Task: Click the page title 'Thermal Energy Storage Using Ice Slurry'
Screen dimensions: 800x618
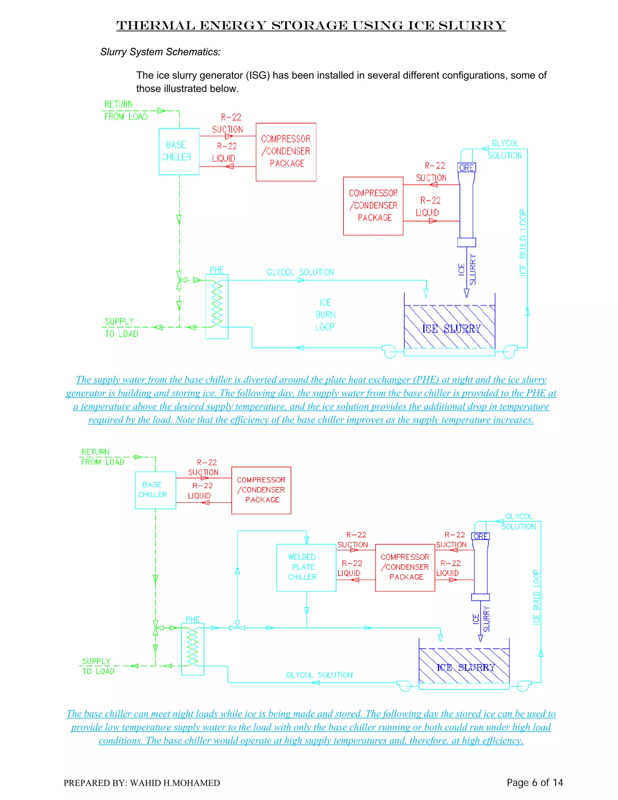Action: pos(311,25)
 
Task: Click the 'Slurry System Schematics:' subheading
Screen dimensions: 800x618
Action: pos(160,52)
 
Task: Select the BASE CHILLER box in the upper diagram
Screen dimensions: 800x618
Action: pos(179,151)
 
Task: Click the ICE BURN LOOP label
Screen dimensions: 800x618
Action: pos(325,315)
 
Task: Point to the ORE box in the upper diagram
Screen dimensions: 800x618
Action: pos(467,168)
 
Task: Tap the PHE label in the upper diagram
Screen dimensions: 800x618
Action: pos(217,270)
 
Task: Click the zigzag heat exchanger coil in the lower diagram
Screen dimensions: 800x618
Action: pos(193,647)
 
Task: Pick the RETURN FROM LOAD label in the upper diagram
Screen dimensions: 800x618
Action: pos(126,110)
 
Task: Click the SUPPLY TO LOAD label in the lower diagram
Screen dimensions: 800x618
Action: pos(98,666)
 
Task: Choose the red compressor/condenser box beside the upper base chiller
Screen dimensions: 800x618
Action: pos(286,152)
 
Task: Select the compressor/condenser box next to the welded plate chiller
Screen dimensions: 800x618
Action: pos(405,567)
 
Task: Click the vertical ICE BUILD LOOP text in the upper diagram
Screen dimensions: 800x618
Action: pos(523,242)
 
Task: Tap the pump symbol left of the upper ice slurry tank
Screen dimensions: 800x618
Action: pos(389,351)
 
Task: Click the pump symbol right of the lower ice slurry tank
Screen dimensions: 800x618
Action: pos(524,686)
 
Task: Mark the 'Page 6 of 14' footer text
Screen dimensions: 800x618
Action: pos(534,782)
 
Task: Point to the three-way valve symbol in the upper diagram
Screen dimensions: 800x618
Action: pos(179,280)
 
